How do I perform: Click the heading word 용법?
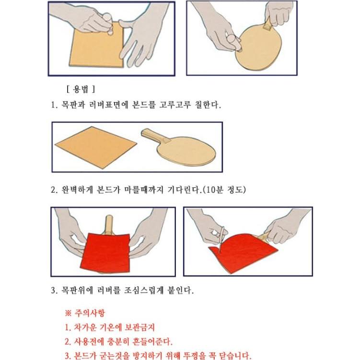click(81, 89)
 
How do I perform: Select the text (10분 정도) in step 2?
click(224, 190)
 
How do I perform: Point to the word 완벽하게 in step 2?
click(77, 190)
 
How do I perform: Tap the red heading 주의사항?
click(90, 313)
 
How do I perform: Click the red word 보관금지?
click(140, 327)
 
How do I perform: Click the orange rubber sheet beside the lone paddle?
click(96, 147)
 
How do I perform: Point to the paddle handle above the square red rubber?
click(109, 224)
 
